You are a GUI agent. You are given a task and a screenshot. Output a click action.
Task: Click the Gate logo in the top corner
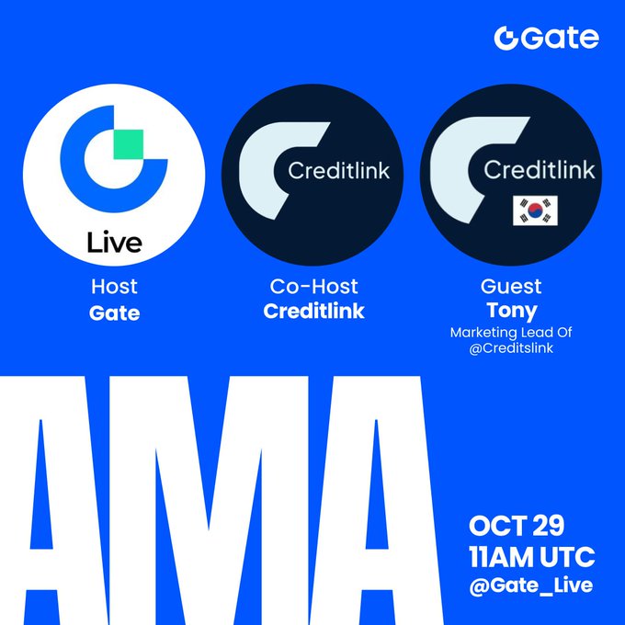546,38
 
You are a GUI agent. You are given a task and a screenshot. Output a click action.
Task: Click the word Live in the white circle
114,244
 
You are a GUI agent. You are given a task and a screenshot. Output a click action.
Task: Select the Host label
114,288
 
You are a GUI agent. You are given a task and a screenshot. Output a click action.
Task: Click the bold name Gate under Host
114,312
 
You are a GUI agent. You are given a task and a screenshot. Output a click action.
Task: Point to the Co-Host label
313,288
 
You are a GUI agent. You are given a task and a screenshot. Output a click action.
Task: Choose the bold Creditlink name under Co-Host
313,312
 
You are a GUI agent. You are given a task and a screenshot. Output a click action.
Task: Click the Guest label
512,288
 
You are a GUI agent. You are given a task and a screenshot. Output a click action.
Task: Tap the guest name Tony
512,311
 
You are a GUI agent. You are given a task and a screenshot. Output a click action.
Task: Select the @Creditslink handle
512,347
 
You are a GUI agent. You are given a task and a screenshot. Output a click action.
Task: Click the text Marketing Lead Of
512,332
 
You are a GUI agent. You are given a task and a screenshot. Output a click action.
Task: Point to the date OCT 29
517,528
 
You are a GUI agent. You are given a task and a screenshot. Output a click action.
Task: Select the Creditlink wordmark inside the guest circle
539,170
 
